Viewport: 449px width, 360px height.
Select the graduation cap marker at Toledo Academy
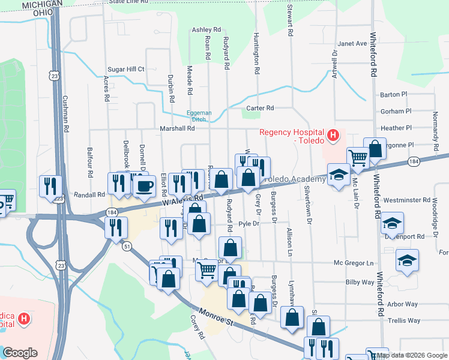coord(339,176)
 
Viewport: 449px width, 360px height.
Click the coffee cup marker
coord(143,185)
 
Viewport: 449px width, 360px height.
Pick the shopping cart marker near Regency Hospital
coord(358,158)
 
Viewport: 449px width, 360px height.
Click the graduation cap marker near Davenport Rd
coord(393,224)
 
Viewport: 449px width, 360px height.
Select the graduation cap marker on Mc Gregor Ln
coord(407,261)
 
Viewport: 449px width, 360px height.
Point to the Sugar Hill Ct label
coord(126,70)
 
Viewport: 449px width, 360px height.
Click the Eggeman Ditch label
coord(199,116)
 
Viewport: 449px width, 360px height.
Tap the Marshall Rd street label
coord(177,128)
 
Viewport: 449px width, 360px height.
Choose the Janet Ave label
coord(352,44)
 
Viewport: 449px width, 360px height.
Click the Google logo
coord(20,352)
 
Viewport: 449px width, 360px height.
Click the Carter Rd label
coord(260,108)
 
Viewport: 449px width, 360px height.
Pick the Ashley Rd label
coord(206,29)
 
